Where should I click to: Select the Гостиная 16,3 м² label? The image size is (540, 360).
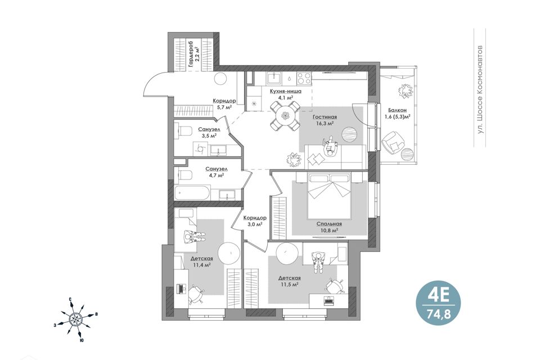(325, 120)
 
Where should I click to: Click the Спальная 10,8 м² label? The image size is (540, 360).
(329, 227)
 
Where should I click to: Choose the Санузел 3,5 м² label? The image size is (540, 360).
(209, 132)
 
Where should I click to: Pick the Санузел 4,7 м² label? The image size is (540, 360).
(216, 172)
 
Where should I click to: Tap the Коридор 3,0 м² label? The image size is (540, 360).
(254, 221)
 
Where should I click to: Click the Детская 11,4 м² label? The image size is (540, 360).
(202, 262)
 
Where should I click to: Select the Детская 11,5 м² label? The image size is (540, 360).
(290, 281)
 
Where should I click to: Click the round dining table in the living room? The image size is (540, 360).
(285, 116)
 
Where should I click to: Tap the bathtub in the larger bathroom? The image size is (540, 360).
(192, 193)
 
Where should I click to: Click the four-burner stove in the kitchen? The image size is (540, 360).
(304, 78)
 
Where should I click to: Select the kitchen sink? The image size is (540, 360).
(275, 77)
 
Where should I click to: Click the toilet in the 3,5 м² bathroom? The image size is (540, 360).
(184, 132)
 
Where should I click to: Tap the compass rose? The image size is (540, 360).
(75, 319)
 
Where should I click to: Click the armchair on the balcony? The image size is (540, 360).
(392, 142)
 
